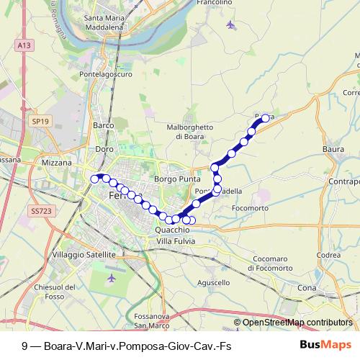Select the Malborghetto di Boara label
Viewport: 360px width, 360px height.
[190, 130]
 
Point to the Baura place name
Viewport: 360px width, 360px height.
[333, 149]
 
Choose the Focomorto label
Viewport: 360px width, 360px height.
[250, 208]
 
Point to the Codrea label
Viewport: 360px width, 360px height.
[328, 255]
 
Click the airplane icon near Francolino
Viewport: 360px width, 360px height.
[230, 26]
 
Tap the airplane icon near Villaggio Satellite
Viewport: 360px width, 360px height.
[111, 277]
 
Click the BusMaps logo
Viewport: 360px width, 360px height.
[325, 344]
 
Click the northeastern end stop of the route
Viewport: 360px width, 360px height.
[265, 117]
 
